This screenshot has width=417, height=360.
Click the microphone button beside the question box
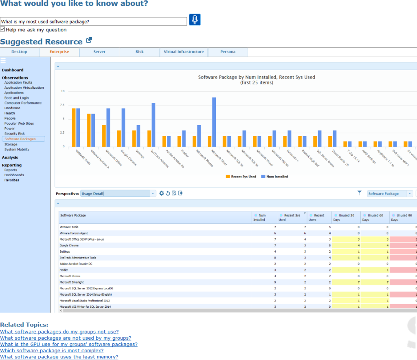195,20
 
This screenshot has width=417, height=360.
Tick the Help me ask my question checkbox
3,29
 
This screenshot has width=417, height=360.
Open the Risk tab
139,52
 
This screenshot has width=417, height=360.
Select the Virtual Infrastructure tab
184,52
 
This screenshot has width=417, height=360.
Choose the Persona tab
228,52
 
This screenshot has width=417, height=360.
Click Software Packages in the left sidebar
20,139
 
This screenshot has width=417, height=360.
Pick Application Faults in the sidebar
18,82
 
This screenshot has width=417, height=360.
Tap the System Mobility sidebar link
17,149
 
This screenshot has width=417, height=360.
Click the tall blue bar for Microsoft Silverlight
214,122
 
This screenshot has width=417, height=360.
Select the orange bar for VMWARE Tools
74,127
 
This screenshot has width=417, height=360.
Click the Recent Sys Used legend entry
241,177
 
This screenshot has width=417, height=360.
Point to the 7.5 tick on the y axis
62,105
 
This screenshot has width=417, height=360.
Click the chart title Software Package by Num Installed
257,77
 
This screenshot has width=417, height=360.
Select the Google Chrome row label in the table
69,245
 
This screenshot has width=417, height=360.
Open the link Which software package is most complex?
52,351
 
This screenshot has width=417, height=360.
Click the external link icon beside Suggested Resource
89,41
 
